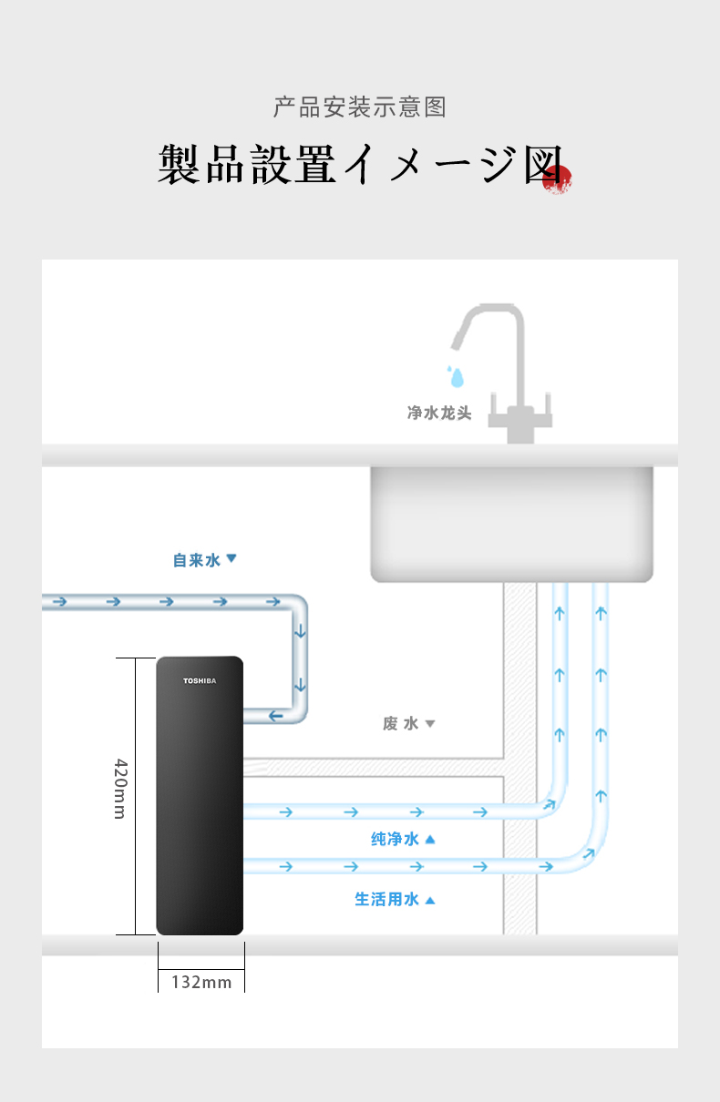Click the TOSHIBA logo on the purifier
[200, 680]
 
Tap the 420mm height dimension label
[119, 789]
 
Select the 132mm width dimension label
[201, 982]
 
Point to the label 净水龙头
[439, 413]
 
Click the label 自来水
[197, 560]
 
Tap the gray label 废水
[401, 723]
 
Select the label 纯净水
[395, 839]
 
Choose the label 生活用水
[386, 900]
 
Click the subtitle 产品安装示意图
[360, 107]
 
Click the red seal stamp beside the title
[557, 179]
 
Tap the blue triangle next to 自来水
[231, 558]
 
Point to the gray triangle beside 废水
[430, 723]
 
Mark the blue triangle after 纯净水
[430, 839]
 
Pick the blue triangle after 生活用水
[430, 900]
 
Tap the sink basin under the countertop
[511, 524]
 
